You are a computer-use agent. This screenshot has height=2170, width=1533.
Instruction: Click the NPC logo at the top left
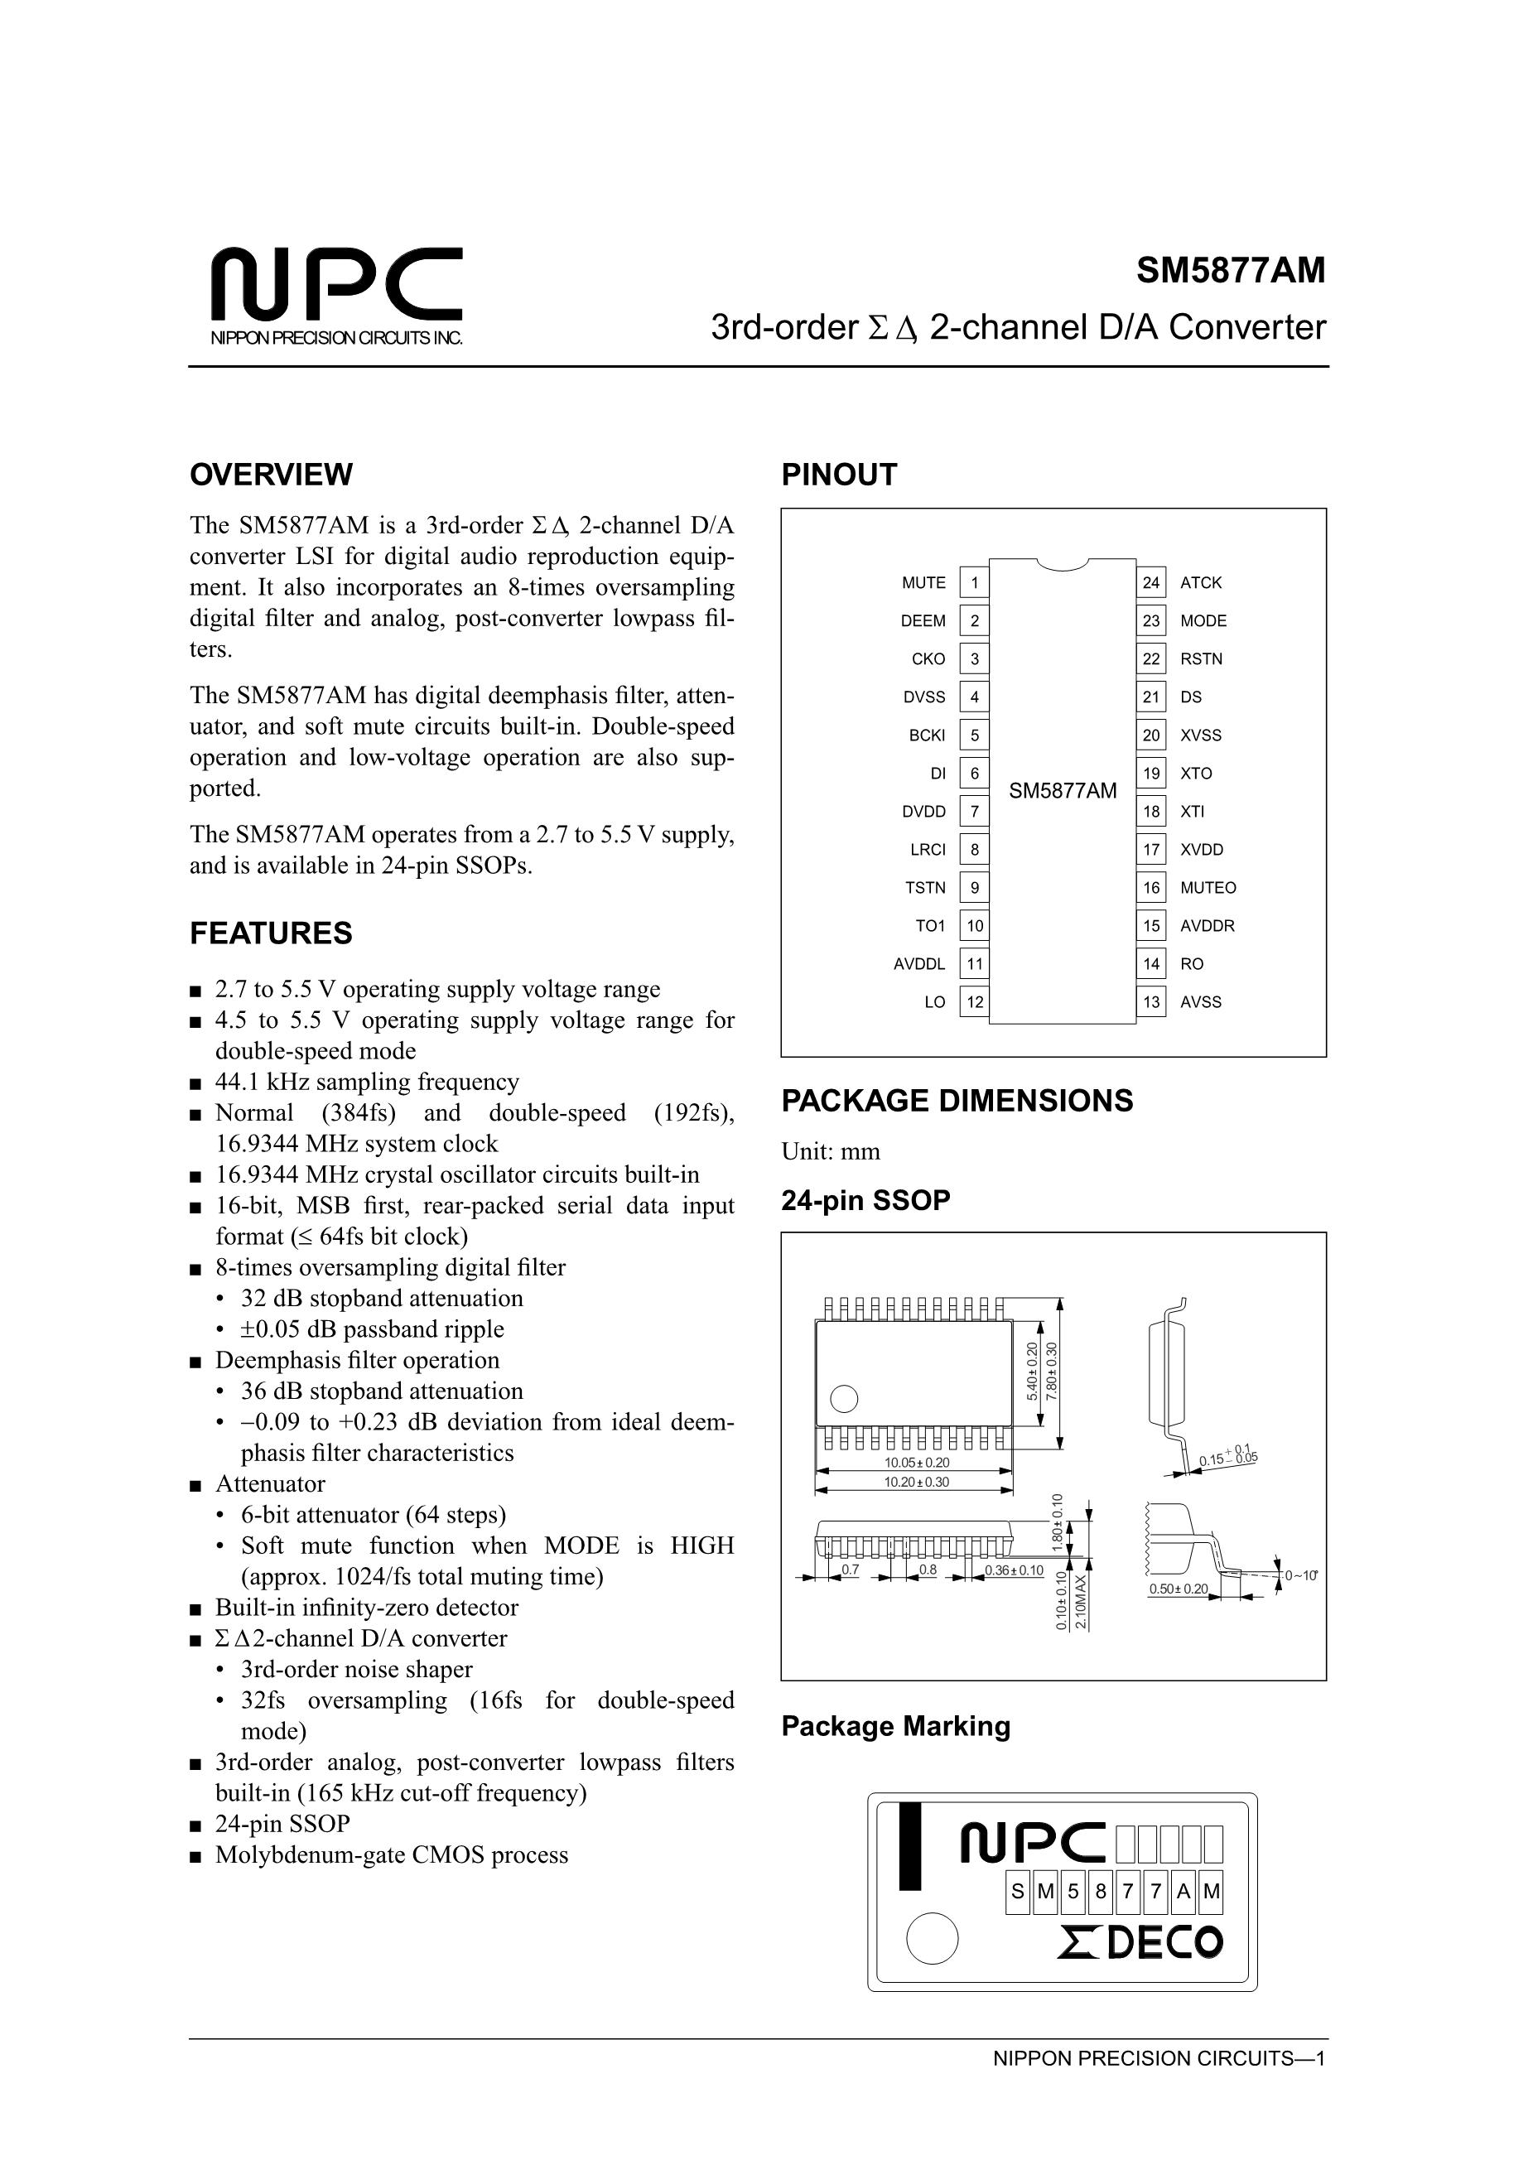click(x=335, y=286)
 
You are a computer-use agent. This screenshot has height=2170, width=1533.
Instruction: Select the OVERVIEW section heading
click(x=272, y=475)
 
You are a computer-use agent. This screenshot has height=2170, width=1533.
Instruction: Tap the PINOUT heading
click(x=838, y=475)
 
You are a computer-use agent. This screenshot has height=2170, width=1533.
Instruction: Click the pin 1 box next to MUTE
click(x=975, y=583)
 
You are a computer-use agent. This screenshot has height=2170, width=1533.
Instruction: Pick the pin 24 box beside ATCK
click(x=1150, y=583)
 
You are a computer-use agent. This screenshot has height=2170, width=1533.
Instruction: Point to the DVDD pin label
click(x=923, y=812)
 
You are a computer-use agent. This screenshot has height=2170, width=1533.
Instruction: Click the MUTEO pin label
click(x=1208, y=889)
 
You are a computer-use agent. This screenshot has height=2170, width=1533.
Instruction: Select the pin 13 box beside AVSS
click(x=1150, y=1003)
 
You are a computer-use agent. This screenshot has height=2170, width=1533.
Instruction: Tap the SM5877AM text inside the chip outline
click(x=1063, y=791)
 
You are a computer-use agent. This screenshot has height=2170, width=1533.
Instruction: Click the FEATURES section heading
click(x=272, y=933)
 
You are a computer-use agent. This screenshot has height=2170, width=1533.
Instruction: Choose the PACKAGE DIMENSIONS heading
click(x=957, y=1101)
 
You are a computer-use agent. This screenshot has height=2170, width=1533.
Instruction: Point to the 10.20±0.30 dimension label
click(x=916, y=1482)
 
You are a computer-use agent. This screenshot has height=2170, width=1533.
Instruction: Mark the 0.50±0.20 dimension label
click(x=1178, y=1589)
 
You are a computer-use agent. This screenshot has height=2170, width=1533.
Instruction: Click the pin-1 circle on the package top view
click(x=844, y=1398)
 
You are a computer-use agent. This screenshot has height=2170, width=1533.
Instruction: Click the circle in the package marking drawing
click(x=932, y=1938)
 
